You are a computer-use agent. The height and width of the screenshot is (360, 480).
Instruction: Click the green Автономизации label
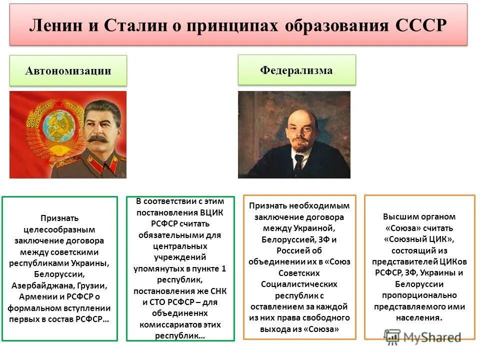pos(68,70)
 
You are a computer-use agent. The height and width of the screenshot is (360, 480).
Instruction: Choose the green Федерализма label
pos(296,70)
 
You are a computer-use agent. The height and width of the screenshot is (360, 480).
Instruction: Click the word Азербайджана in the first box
pos(43,286)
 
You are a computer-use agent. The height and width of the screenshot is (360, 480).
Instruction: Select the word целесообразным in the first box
pos(59,229)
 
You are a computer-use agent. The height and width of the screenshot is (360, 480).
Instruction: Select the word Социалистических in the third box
pos(299,284)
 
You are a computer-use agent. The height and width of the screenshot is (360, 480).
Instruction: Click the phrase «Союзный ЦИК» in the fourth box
pos(419,239)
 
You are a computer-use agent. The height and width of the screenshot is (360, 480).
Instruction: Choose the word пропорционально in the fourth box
pos(419,295)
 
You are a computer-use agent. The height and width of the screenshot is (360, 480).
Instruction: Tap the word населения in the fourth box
pos(419,317)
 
